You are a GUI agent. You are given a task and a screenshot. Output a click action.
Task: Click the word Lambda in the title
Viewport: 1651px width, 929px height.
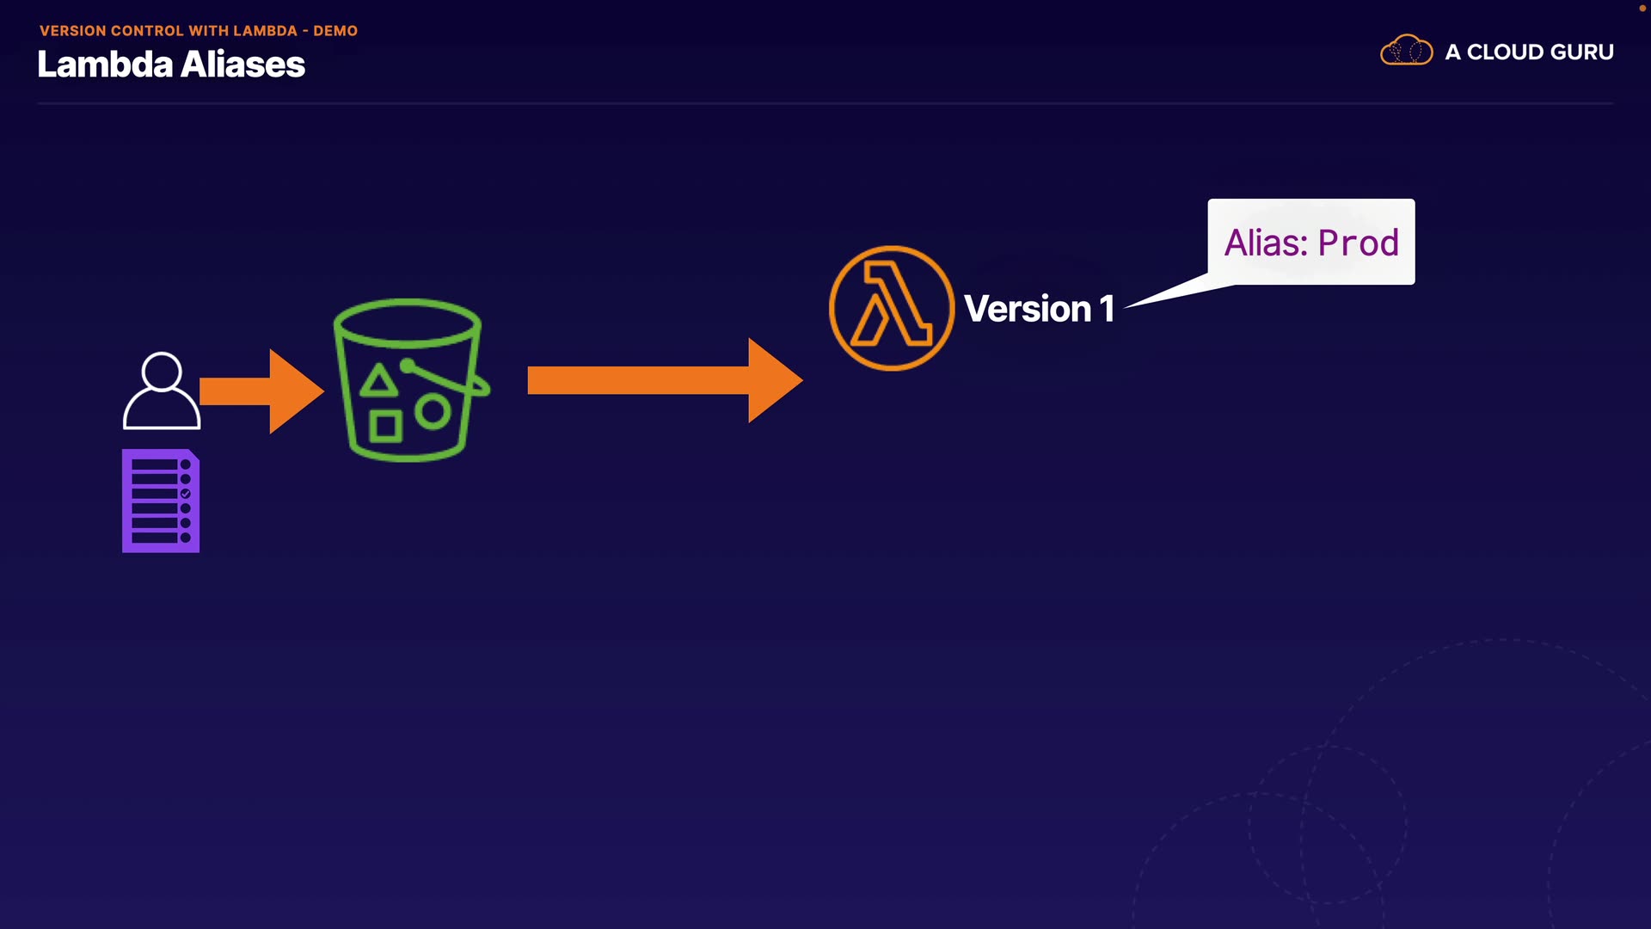[x=105, y=65]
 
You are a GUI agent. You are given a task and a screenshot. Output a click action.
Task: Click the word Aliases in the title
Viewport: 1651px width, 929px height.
[x=243, y=65]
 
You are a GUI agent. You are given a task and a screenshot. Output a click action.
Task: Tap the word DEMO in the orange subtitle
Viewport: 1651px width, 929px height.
[x=335, y=31]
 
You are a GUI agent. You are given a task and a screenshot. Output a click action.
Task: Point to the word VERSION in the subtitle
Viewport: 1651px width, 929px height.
[x=73, y=31]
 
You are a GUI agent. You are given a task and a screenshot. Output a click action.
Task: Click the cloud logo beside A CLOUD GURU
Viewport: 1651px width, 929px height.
[x=1406, y=51]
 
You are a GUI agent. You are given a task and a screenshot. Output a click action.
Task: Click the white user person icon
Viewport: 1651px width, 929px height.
[x=162, y=391]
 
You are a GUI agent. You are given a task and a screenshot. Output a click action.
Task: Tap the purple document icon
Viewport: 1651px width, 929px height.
[x=161, y=501]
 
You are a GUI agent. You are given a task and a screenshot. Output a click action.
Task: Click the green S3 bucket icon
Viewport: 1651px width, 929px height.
[x=409, y=379]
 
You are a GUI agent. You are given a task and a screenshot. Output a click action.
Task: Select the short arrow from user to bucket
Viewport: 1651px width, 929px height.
[x=261, y=391]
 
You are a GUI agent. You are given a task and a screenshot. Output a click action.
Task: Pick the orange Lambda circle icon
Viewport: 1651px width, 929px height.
[x=891, y=309]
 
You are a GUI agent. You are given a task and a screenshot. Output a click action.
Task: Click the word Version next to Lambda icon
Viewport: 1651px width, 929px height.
[x=1028, y=309]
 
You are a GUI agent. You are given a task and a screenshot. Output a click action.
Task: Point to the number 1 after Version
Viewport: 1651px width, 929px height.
[x=1107, y=309]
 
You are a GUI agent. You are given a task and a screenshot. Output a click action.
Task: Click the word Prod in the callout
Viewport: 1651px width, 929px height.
[x=1359, y=243]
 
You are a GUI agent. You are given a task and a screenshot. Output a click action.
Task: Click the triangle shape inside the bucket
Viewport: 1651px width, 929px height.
[x=378, y=381]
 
